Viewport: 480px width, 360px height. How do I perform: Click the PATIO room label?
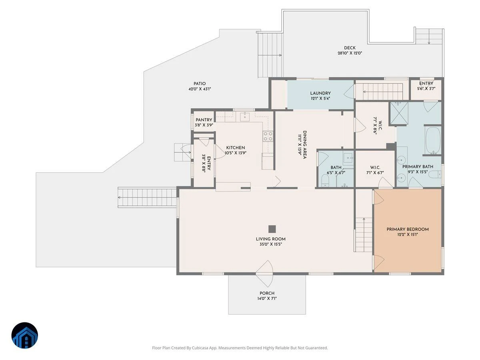click(200, 84)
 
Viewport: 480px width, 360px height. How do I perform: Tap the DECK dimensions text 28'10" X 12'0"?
click(350, 53)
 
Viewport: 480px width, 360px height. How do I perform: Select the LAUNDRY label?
click(320, 93)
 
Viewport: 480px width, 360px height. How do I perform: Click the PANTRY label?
click(204, 120)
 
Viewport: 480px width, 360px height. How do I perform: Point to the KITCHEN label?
click(236, 148)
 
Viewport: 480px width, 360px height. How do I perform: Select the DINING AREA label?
click(304, 145)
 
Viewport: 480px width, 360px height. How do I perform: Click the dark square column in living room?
click(272, 229)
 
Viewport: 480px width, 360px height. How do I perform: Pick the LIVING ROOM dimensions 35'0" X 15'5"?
click(270, 244)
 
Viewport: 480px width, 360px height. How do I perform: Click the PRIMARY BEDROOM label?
click(408, 229)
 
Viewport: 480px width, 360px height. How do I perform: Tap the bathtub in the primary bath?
click(433, 140)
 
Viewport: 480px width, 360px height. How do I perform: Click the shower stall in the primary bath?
click(399, 113)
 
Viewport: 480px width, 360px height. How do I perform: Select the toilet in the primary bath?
click(435, 175)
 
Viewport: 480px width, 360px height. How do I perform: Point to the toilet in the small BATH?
click(325, 181)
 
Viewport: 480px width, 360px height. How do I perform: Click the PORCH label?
click(267, 293)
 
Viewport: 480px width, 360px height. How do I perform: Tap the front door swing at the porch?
click(265, 274)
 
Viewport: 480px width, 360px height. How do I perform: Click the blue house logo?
click(25, 336)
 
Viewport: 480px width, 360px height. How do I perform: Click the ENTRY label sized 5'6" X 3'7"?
click(426, 84)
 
